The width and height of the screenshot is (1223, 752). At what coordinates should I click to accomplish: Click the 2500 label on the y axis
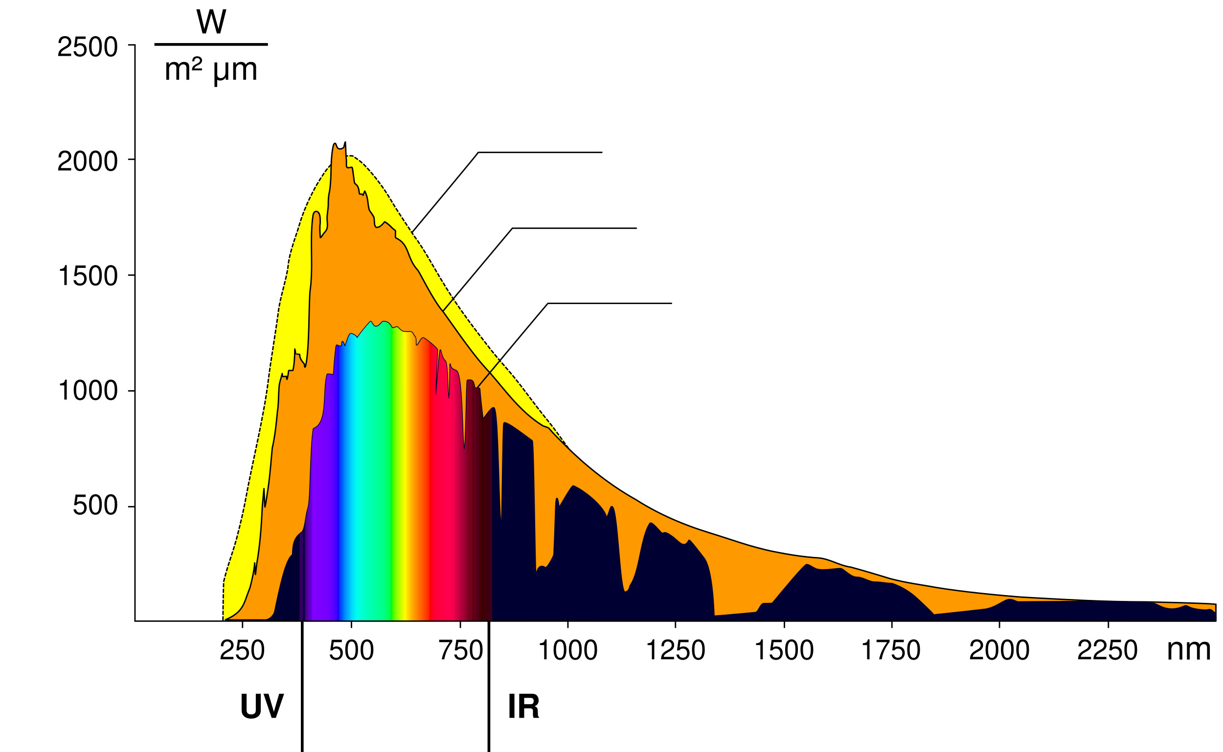[x=88, y=47]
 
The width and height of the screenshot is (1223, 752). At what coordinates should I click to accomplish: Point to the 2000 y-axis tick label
[x=88, y=162]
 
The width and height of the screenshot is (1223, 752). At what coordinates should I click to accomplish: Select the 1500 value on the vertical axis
[x=88, y=276]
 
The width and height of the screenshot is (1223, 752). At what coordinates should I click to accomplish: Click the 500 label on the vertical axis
[x=95, y=506]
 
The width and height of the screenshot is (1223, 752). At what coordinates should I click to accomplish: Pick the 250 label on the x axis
[x=242, y=650]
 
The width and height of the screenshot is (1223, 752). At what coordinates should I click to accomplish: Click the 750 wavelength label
[x=461, y=650]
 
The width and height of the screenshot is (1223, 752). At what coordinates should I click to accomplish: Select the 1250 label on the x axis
[x=675, y=650]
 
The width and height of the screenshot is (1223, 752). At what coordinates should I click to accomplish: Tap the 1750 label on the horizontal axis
[x=891, y=650]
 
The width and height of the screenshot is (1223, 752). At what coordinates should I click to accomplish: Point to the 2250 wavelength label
[x=1107, y=650]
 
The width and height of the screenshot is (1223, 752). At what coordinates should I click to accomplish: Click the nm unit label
[x=1189, y=650]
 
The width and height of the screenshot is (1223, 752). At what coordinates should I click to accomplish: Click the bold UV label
[x=262, y=706]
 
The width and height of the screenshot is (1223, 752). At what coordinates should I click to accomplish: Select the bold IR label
[x=523, y=706]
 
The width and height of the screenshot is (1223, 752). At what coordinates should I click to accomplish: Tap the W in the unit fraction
[x=211, y=22]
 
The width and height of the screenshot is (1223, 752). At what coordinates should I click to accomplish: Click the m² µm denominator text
[x=211, y=69]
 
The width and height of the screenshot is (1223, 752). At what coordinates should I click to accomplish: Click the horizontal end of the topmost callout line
[x=601, y=152]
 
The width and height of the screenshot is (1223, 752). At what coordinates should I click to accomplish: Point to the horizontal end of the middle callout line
[x=635, y=228]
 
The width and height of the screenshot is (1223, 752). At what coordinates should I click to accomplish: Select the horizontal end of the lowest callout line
[x=671, y=303]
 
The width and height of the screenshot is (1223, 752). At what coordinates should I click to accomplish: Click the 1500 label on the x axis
[x=784, y=650]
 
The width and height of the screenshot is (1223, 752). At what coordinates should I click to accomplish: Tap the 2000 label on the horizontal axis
[x=999, y=650]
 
